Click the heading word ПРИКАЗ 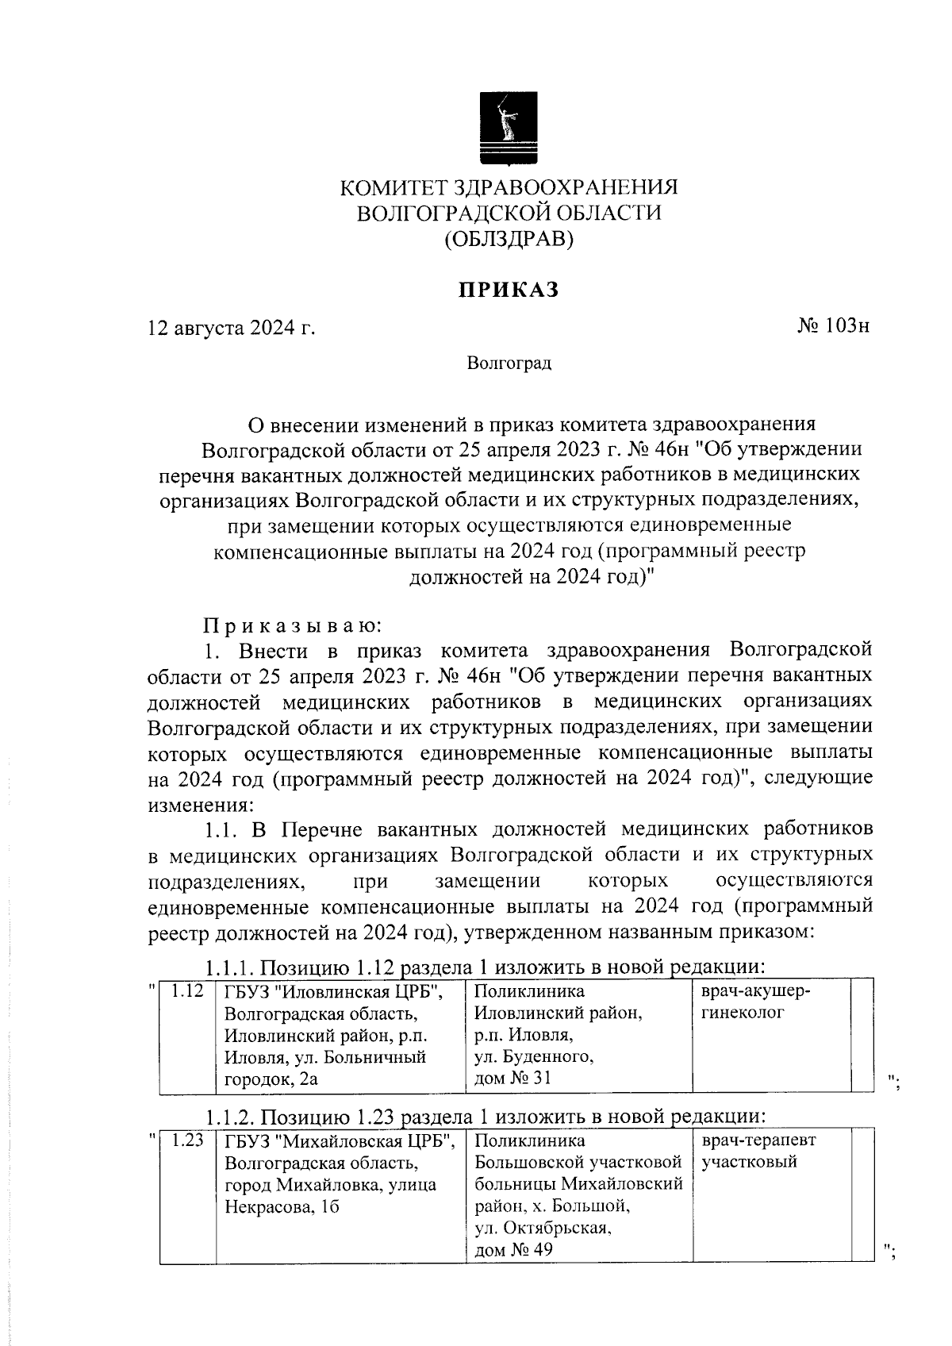coord(508,290)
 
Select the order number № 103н coord(833,326)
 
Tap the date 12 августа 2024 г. coord(232,327)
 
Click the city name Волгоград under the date coord(509,363)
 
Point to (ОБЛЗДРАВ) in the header coord(508,239)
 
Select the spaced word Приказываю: coord(291,625)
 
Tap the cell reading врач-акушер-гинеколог coord(756,1002)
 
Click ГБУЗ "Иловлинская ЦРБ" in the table coord(332,992)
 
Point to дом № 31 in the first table coord(512,1078)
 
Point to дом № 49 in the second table coord(513,1249)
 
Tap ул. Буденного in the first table coord(533,1056)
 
